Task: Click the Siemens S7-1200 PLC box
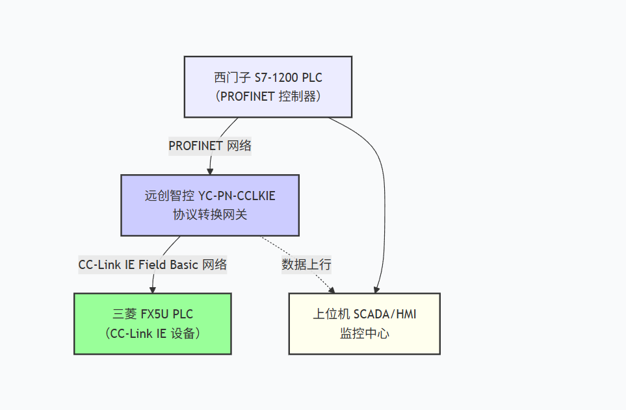pos(268,86)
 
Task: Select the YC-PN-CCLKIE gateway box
pos(209,205)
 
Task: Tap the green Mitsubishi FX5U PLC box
pos(152,323)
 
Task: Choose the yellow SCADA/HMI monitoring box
pos(364,323)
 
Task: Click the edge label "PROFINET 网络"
pos(209,146)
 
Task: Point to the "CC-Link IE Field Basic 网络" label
pos(153,264)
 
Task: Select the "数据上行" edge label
pos(306,264)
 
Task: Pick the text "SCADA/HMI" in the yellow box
pos(385,314)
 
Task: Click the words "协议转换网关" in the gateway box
pos(209,214)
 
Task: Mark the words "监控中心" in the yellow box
pos(364,333)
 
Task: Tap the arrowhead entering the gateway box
pos(210,171)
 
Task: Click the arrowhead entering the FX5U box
pos(153,289)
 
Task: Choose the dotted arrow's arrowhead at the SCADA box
pos(332,289)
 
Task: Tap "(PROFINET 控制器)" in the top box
pos(268,96)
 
